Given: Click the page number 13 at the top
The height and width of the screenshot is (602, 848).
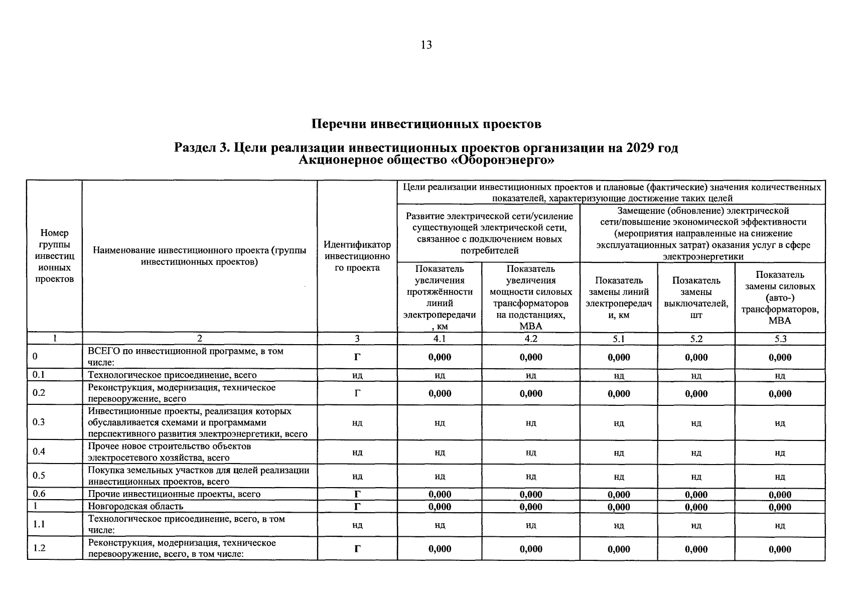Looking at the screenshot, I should [426, 45].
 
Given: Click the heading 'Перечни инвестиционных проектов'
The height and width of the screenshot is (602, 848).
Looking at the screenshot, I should [426, 124].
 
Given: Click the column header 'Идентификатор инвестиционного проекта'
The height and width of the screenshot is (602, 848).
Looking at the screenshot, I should [357, 256].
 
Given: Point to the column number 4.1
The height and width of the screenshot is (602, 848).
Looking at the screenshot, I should [440, 339].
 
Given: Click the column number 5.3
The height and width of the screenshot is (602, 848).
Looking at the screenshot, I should [780, 339].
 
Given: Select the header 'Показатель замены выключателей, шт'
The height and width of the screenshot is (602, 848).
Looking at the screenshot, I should [696, 297].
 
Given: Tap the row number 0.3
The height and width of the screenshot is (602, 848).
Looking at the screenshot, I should [39, 422].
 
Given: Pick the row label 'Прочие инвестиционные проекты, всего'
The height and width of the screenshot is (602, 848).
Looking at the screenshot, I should [174, 494].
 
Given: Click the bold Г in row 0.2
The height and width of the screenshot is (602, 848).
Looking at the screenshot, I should [357, 393].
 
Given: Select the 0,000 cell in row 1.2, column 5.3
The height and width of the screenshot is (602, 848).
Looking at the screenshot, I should [780, 549].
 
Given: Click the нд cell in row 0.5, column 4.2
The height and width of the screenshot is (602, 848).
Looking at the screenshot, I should [531, 476].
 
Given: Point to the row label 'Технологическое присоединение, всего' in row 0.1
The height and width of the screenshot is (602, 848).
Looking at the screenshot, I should [172, 375].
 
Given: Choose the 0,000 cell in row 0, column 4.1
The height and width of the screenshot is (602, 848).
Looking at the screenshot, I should [440, 357].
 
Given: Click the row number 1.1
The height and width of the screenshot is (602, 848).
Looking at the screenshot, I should [39, 524].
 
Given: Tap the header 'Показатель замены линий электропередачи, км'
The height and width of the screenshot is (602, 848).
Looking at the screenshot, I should [619, 297].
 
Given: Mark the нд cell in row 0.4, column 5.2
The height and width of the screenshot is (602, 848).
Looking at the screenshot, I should [696, 453].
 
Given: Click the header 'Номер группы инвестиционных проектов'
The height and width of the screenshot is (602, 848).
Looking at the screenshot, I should [55, 256].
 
